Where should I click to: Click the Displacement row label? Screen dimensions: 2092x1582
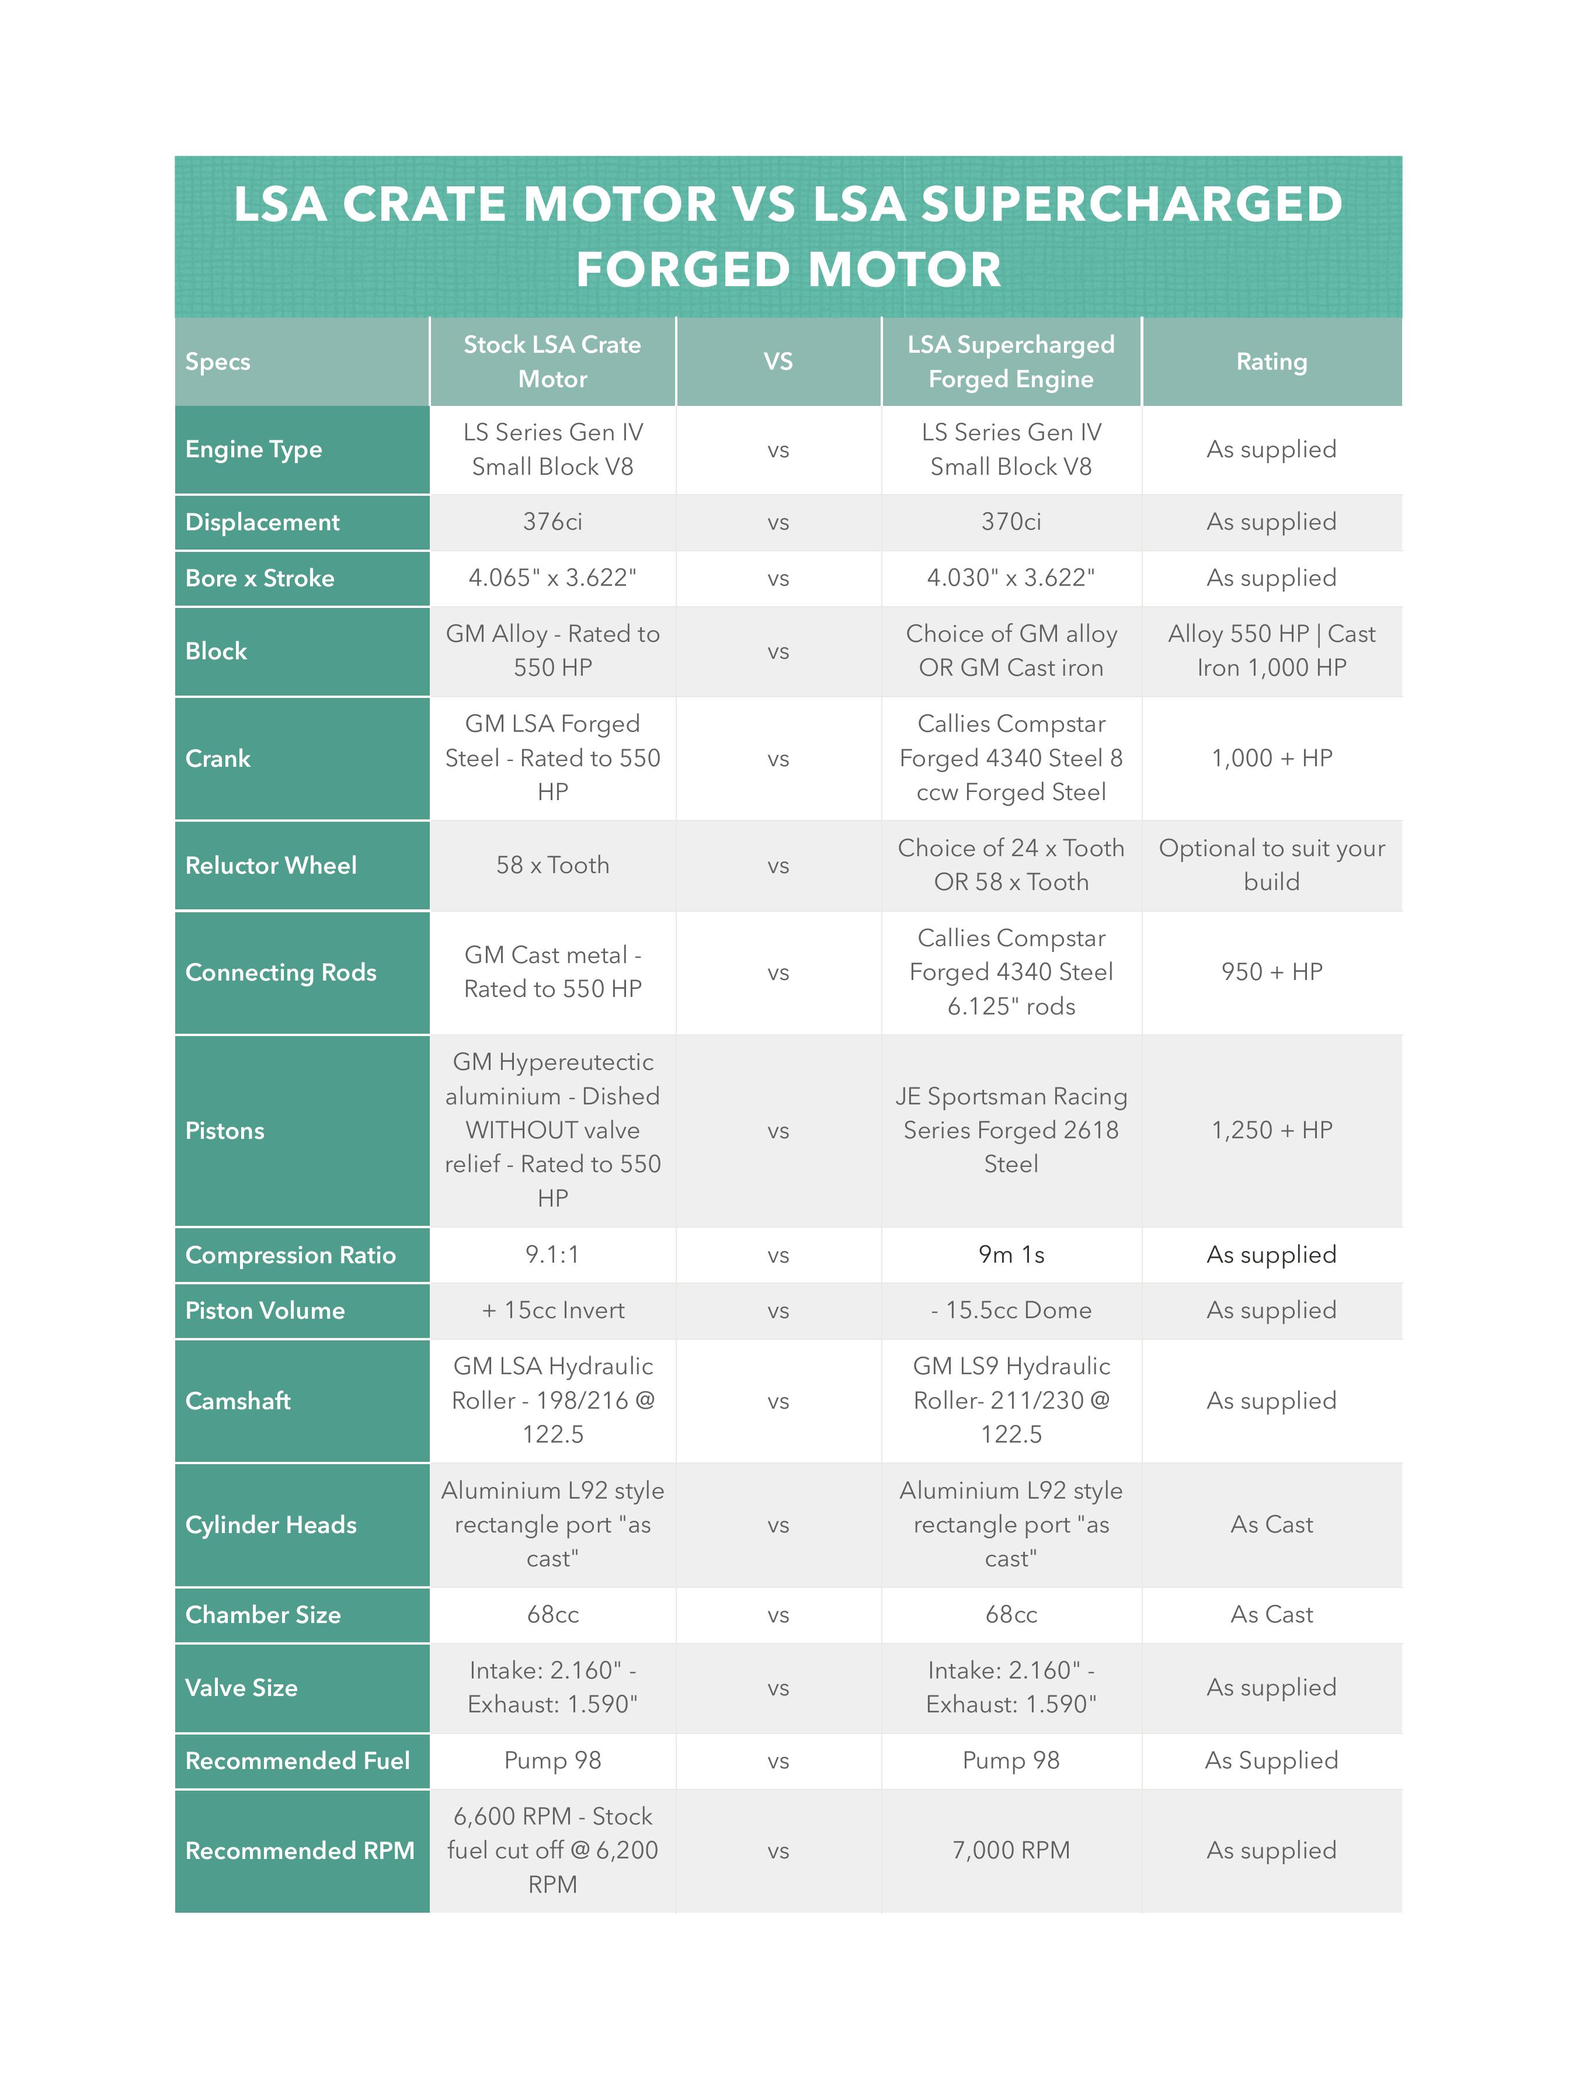coord(262,522)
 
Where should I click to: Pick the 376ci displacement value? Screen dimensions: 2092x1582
coord(552,522)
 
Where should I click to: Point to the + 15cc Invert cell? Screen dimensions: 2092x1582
coord(552,1311)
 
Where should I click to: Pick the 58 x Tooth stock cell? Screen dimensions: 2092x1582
coord(552,866)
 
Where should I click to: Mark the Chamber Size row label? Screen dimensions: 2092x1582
coord(263,1614)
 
